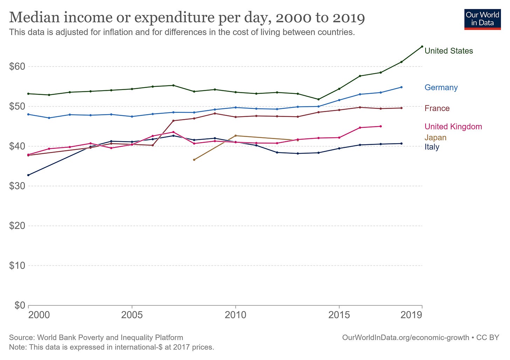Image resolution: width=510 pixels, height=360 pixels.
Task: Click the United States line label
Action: [448, 51]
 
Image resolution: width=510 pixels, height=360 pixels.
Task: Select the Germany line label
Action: [441, 88]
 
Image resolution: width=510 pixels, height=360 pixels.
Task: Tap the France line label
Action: [437, 108]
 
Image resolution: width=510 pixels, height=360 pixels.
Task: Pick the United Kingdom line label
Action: [453, 127]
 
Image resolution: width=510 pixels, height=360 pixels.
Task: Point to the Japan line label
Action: [435, 138]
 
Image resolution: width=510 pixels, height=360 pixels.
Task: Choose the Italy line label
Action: [432, 147]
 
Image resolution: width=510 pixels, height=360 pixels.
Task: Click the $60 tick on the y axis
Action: [17, 67]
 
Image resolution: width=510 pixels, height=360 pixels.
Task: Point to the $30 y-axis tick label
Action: [17, 186]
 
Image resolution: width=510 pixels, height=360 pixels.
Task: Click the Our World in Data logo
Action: [482, 20]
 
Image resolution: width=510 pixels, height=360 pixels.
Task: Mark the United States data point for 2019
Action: [422, 47]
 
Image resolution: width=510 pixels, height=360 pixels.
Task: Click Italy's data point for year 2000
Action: [28, 175]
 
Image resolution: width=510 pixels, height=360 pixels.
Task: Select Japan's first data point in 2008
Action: [194, 160]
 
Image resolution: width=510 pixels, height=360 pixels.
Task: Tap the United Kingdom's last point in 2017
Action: [380, 126]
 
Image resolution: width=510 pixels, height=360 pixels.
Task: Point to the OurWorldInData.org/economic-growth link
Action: [405, 338]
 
